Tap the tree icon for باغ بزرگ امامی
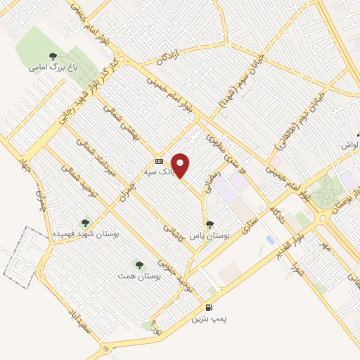(x=52, y=56)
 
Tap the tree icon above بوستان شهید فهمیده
(x=87, y=222)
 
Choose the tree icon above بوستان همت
(x=139, y=265)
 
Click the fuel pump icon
(x=209, y=307)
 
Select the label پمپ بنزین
(x=210, y=319)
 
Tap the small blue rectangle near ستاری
(x=270, y=240)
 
